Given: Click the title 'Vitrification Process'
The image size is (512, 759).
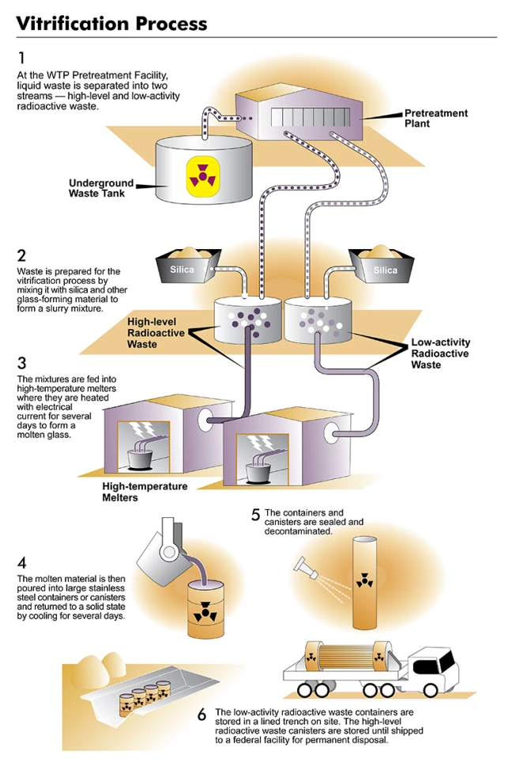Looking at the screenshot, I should click(111, 23).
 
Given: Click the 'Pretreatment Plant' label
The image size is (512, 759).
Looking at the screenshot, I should click(435, 119).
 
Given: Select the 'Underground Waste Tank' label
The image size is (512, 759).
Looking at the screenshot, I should click(101, 188).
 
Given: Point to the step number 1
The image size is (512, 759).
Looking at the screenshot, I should click(21, 58).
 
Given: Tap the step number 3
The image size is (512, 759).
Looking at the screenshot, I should click(21, 364).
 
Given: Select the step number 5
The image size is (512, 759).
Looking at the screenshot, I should click(255, 515).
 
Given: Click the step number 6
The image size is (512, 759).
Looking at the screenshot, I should click(202, 715).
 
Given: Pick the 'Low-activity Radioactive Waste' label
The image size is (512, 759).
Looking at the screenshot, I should click(440, 353).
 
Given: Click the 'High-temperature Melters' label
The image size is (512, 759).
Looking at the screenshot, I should click(145, 492).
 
